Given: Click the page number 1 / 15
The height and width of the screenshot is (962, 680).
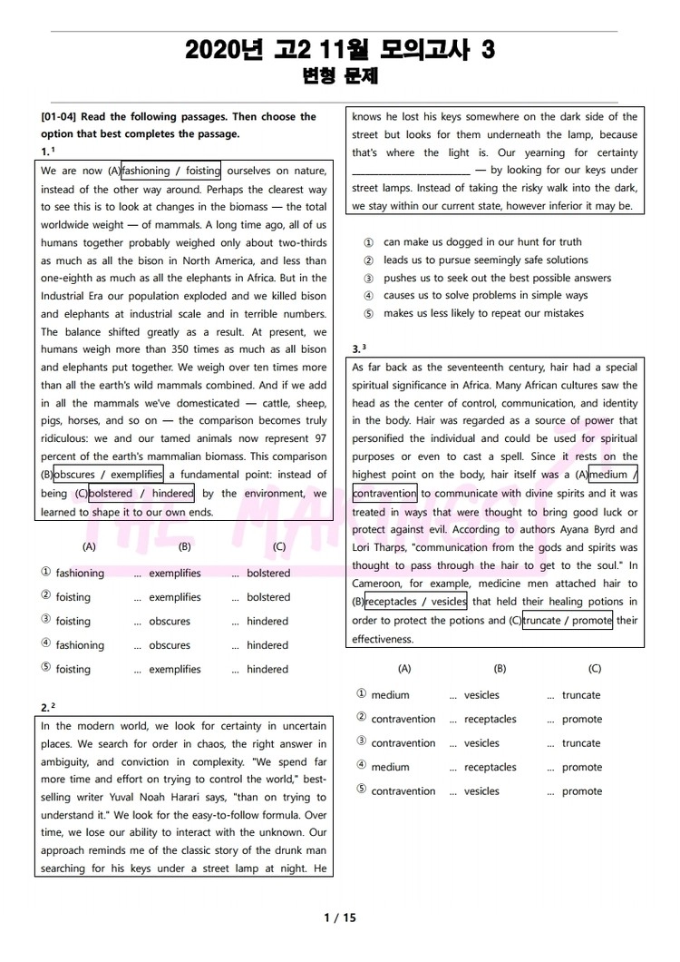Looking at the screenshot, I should click(x=340, y=918).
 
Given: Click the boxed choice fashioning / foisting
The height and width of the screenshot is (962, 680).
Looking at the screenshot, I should click(x=170, y=171).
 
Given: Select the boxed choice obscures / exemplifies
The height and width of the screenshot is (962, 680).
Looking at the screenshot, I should click(x=108, y=475).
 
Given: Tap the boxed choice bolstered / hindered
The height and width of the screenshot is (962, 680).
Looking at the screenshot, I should click(x=141, y=494).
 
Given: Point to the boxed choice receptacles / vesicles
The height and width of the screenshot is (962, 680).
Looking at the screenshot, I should click(x=416, y=602).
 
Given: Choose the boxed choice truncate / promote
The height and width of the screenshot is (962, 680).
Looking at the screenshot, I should click(x=568, y=621).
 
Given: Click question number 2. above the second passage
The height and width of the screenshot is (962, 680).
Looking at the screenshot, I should click(x=46, y=707).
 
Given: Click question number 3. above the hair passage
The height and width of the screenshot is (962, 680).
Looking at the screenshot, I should click(x=357, y=349).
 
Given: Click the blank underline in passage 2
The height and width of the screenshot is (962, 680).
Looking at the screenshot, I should click(x=410, y=171).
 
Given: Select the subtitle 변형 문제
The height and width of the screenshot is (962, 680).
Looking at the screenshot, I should click(x=339, y=78).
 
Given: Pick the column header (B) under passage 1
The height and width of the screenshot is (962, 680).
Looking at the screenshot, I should click(x=185, y=546).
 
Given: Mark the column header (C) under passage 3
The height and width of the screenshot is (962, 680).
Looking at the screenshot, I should click(x=595, y=668).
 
